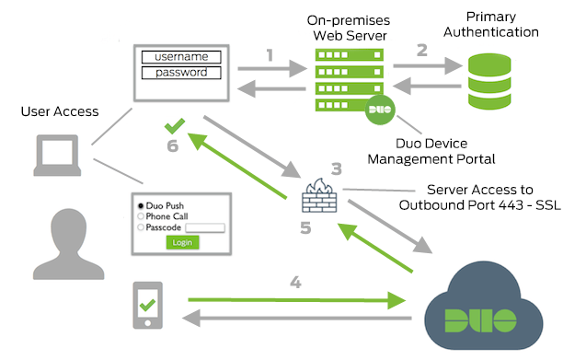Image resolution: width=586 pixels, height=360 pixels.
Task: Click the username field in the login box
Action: (x=181, y=57)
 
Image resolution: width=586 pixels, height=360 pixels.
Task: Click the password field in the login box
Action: (x=181, y=73)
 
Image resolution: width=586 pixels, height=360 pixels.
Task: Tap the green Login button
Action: (x=182, y=242)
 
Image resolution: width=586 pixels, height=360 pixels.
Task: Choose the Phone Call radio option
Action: (x=140, y=215)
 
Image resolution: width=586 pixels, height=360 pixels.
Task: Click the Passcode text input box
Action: (x=205, y=226)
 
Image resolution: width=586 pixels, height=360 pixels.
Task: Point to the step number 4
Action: (x=294, y=283)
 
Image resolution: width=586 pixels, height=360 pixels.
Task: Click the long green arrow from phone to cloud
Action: (x=294, y=299)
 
